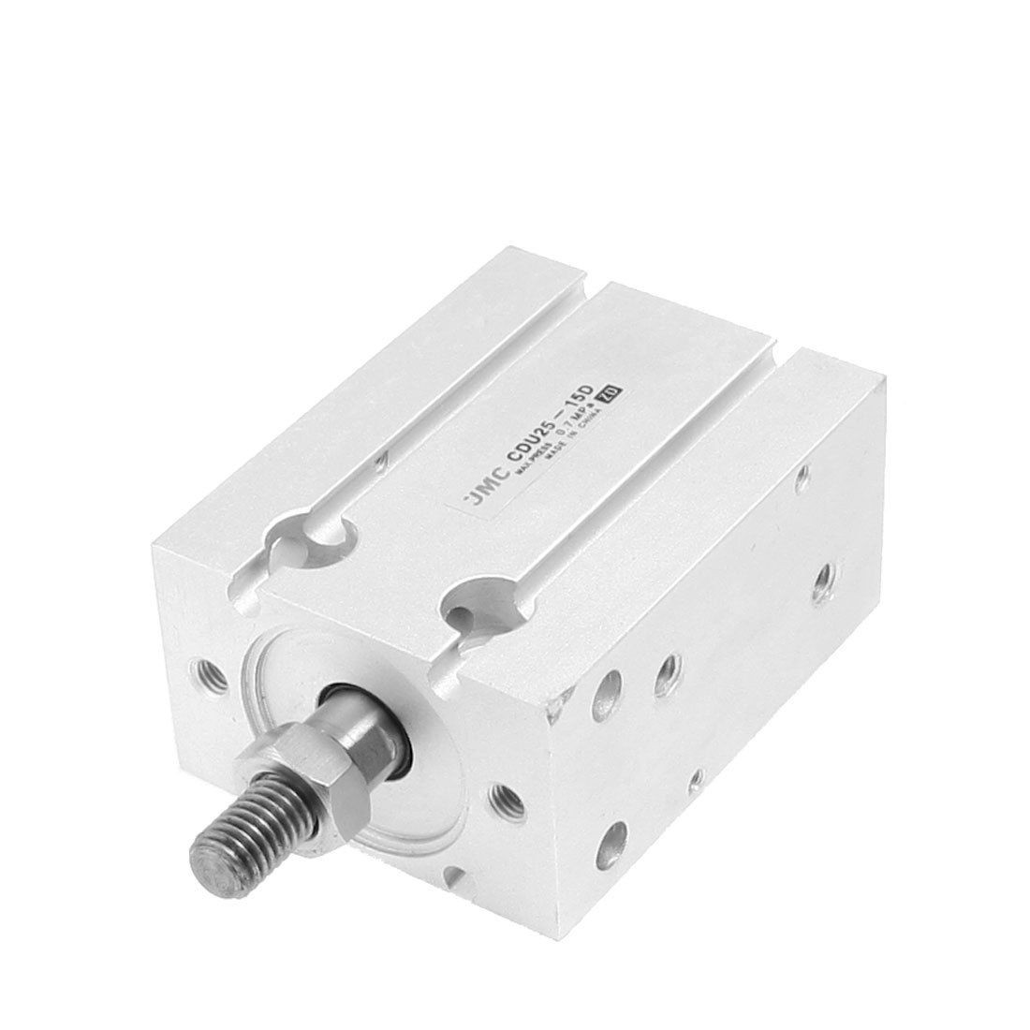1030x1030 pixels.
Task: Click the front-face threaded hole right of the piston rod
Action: click(x=507, y=795)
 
